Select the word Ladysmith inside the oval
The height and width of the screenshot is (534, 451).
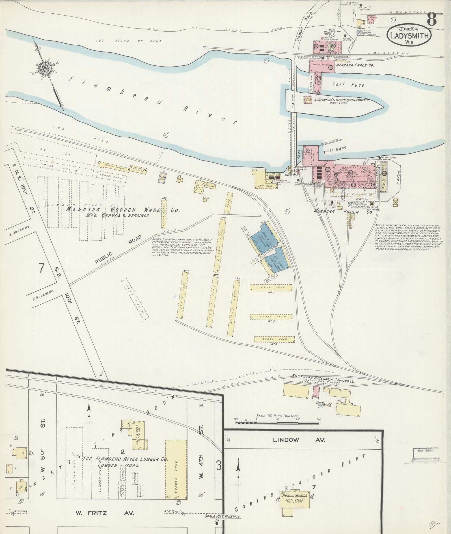click(x=409, y=36)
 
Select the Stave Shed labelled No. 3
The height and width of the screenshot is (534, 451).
click(x=274, y=339)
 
